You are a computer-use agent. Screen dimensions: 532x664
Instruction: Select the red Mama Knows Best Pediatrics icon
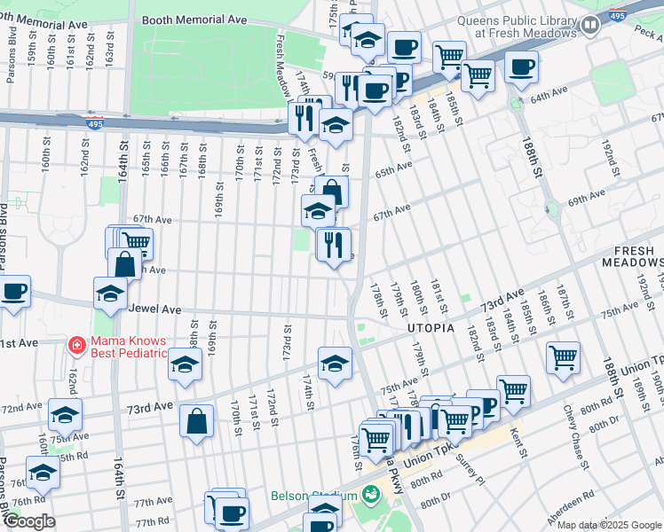point(77,343)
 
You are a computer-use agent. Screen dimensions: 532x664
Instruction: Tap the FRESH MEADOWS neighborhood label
point(633,256)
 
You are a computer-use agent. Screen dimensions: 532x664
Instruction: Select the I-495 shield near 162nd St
point(91,125)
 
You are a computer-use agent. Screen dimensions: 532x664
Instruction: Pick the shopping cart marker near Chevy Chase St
point(563,357)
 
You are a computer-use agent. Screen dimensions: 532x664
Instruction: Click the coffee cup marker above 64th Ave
point(520,66)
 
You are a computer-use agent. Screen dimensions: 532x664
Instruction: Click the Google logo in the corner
point(28,521)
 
